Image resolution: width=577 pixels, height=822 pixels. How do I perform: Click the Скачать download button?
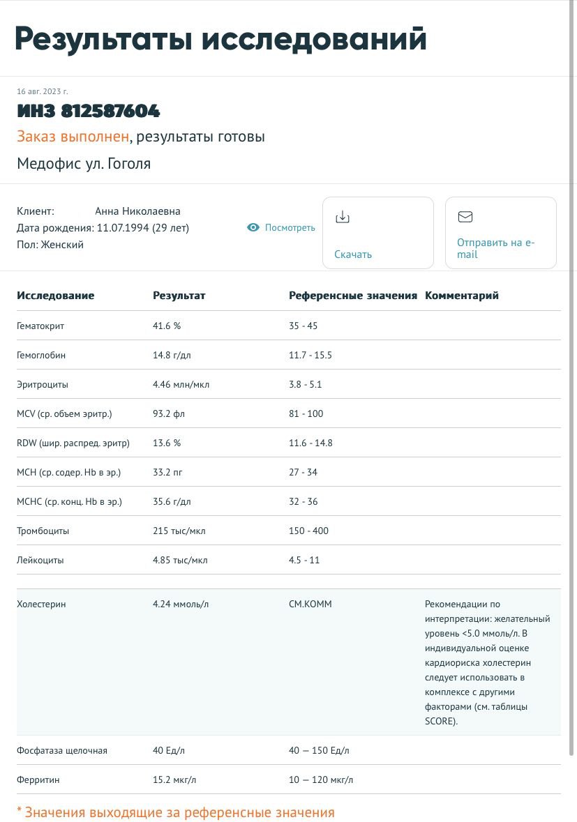click(x=377, y=233)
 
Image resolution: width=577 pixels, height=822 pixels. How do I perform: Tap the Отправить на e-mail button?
click(x=500, y=233)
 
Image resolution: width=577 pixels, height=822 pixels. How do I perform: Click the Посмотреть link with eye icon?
click(x=281, y=228)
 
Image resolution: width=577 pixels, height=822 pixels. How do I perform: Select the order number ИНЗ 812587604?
click(x=89, y=111)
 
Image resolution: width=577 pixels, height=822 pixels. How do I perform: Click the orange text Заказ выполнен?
click(x=73, y=137)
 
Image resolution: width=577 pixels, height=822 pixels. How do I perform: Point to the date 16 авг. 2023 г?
click(x=43, y=91)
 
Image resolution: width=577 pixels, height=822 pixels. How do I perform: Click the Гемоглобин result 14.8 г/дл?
click(x=172, y=355)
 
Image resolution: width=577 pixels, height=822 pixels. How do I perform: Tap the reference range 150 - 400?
click(x=308, y=531)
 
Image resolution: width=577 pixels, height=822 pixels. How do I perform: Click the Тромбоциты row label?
click(x=43, y=531)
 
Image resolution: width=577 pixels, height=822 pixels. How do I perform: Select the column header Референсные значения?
click(x=352, y=296)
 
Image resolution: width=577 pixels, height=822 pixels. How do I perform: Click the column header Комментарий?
click(x=461, y=296)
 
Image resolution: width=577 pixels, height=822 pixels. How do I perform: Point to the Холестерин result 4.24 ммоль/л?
click(x=181, y=604)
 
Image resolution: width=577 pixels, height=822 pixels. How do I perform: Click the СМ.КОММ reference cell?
click(x=310, y=604)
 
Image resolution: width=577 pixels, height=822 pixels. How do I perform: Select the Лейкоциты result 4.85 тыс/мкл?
click(x=180, y=560)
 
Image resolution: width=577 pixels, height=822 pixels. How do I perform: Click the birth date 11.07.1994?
click(x=123, y=228)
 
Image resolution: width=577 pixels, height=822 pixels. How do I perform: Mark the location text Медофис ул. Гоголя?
click(x=84, y=164)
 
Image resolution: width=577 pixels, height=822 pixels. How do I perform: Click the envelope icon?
click(x=465, y=217)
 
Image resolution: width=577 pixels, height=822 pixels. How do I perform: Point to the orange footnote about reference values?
click(x=176, y=812)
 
